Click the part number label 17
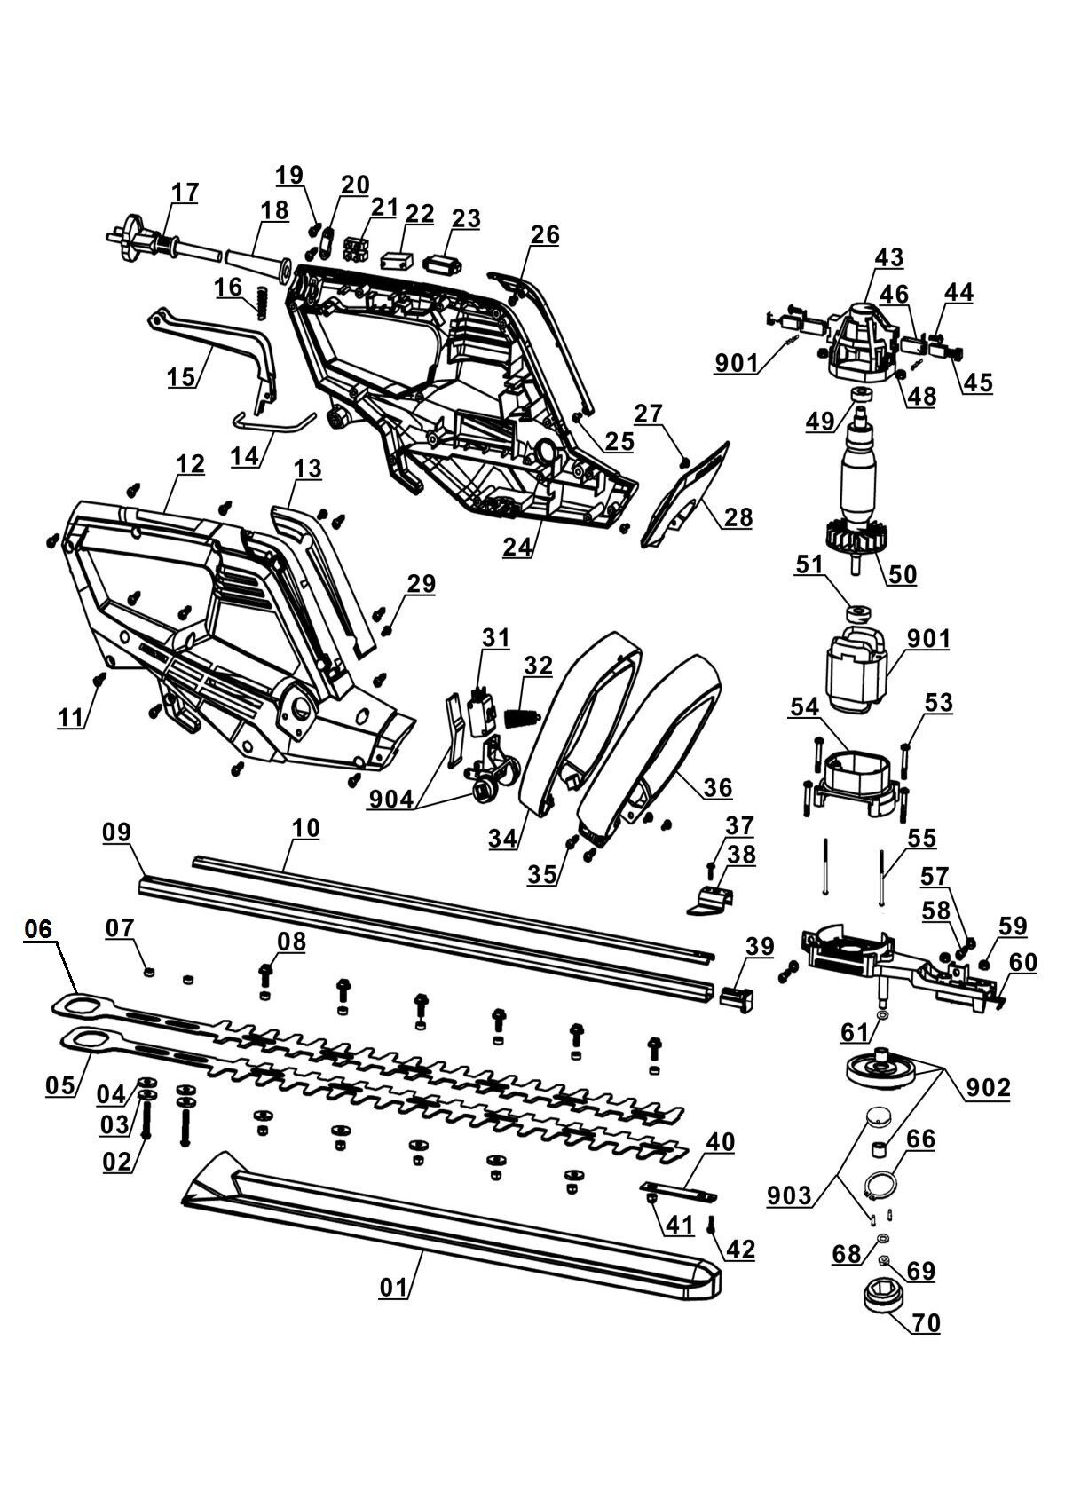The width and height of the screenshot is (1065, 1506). [185, 192]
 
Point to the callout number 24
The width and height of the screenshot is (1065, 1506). [519, 547]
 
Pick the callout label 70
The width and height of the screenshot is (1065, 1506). [926, 1323]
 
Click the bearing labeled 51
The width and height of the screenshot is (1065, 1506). [858, 613]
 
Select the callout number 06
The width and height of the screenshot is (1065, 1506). [39, 929]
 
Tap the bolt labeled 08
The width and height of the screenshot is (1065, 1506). [264, 974]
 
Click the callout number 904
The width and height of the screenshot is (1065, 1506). [391, 799]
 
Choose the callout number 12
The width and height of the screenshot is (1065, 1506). [190, 464]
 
